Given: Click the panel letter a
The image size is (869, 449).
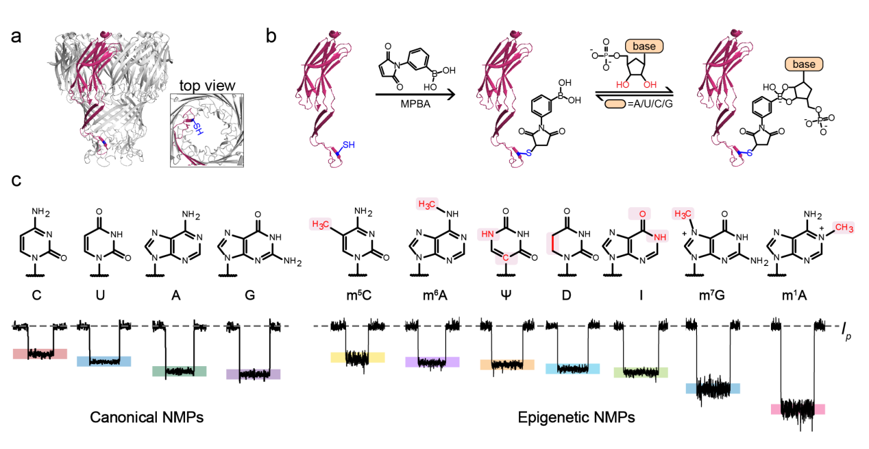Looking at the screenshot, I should (x=20, y=36).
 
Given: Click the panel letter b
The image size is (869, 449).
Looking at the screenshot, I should (x=271, y=36).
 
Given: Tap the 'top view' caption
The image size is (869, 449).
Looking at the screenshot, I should (x=207, y=86).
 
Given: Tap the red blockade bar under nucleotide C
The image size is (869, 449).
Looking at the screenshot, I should (x=40, y=354).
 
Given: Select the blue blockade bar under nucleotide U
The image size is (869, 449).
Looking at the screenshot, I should (x=103, y=361).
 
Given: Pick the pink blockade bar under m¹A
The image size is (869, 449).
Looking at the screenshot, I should (x=798, y=409).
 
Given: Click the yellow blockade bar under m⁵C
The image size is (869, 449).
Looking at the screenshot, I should (x=357, y=357).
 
